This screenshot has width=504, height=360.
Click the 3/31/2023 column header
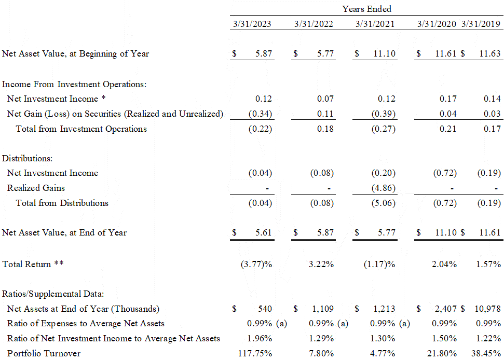(x=251, y=24)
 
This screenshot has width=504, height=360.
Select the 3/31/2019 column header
(x=481, y=24)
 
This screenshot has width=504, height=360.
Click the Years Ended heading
(x=366, y=9)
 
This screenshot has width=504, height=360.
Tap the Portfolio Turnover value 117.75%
(x=254, y=353)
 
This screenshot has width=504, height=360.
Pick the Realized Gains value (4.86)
(x=384, y=188)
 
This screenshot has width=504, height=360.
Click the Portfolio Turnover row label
(x=44, y=353)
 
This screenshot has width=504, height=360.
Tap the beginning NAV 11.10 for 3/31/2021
(x=384, y=53)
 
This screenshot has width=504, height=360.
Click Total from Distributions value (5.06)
(x=384, y=203)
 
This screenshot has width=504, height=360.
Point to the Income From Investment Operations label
(x=74, y=84)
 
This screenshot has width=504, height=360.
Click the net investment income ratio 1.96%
(x=260, y=338)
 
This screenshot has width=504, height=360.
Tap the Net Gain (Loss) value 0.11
(x=325, y=114)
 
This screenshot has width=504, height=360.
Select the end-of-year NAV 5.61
(x=263, y=232)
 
